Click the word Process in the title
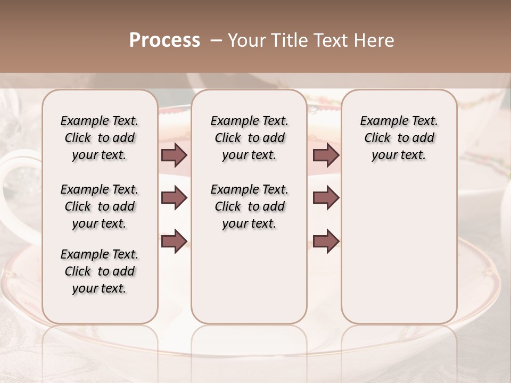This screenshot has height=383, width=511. click(164, 40)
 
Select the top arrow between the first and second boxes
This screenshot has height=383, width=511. click(174, 155)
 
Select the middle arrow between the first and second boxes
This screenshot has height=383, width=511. click(174, 198)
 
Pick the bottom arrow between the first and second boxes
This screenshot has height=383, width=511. click(174, 241)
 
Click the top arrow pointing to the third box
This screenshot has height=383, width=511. click(326, 155)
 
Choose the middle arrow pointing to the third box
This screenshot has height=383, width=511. click(326, 198)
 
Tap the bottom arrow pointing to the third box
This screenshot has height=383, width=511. click(326, 241)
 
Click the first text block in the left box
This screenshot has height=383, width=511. click(100, 138)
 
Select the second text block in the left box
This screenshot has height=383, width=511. click(100, 206)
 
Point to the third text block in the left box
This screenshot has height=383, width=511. click(100, 271)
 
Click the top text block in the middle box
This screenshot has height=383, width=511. click(249, 138)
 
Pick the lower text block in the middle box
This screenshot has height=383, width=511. click(249, 206)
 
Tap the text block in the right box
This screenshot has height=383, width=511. click(399, 138)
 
